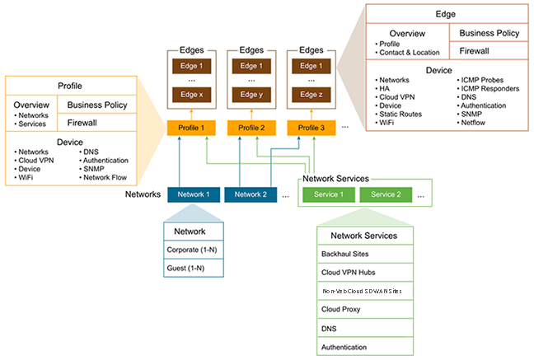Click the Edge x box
(192, 95)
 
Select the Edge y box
(251, 95)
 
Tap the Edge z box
(311, 95)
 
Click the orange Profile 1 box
(191, 128)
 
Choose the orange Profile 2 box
(251, 128)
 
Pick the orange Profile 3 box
(311, 128)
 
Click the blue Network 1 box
(194, 194)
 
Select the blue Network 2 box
(251, 194)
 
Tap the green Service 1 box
(329, 194)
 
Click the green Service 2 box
(386, 194)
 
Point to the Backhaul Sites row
(365, 254)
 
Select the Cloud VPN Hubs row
(365, 273)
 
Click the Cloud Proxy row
(365, 309)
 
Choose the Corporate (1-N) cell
(194, 250)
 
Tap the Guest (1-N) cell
(194, 269)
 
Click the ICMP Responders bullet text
(490, 88)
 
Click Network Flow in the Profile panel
(105, 177)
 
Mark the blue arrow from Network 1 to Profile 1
(180, 161)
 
